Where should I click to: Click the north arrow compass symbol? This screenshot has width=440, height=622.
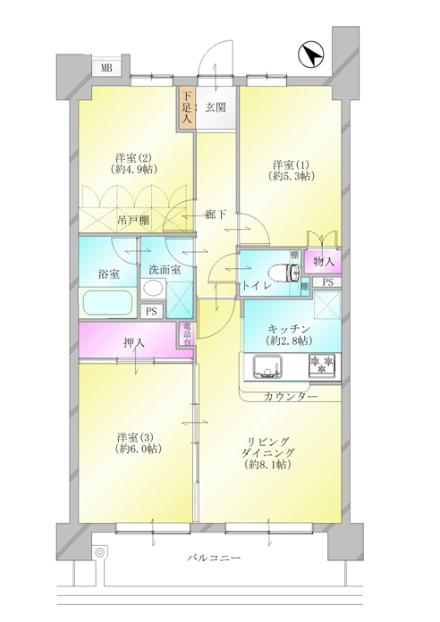point(311,55)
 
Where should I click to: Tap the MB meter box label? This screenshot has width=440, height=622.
point(106,68)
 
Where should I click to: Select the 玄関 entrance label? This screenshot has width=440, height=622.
point(216,107)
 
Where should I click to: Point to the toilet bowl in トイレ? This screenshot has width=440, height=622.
point(284,273)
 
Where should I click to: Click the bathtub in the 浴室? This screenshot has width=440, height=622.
point(107,303)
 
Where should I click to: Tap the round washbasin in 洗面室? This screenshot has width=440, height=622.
point(153,288)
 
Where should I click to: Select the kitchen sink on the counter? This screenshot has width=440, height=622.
point(267,367)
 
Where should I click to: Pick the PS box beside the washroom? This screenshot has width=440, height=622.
point(151,311)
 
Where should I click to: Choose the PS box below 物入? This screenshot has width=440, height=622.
point(327,282)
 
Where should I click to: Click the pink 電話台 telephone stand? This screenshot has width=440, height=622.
point(187,334)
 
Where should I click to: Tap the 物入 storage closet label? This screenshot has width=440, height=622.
point(323,262)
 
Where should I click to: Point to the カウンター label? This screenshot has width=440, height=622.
point(291,397)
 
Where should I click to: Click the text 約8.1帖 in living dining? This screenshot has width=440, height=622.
point(268,465)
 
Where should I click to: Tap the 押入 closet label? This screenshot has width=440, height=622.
point(134,342)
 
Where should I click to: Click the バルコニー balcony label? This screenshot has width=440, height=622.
point(214,559)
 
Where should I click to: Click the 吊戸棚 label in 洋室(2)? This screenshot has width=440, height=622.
point(133,220)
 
